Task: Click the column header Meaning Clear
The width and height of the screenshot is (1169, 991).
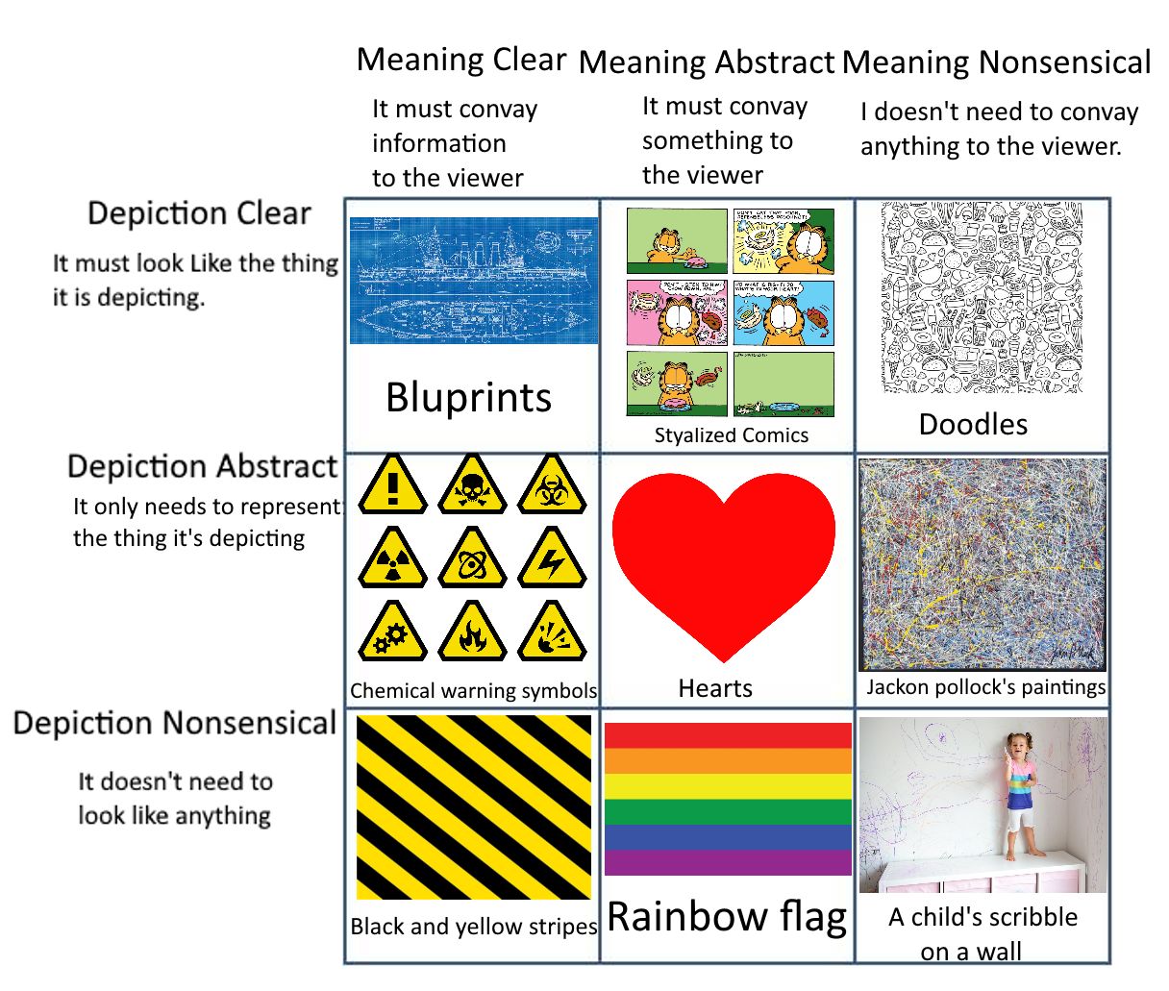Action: (x=461, y=60)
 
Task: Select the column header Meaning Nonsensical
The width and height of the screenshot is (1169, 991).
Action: (x=996, y=62)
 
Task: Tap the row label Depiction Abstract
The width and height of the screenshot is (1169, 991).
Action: (x=202, y=466)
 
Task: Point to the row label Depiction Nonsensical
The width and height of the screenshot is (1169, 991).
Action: (x=174, y=723)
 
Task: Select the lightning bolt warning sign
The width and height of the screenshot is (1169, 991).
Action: (x=552, y=560)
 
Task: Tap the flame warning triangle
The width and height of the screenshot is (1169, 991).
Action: (x=471, y=633)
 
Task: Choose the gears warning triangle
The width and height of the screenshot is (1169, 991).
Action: (x=392, y=633)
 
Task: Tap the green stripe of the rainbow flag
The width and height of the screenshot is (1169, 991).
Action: (x=728, y=811)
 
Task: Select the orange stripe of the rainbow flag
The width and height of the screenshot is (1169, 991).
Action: (x=728, y=760)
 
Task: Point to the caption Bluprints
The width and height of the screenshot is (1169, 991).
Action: (x=468, y=397)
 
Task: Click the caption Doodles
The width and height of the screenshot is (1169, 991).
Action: (x=973, y=424)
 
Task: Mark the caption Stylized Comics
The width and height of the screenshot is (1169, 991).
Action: (x=731, y=434)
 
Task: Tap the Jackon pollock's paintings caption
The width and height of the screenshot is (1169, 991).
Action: (x=985, y=686)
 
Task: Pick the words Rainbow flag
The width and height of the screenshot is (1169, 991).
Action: (x=727, y=916)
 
